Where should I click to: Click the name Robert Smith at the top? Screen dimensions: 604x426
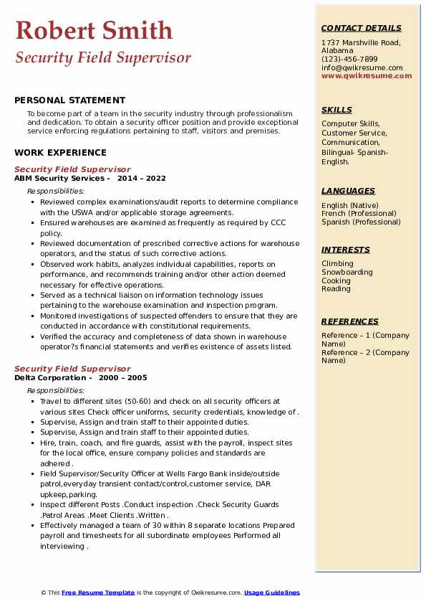(x=93, y=30)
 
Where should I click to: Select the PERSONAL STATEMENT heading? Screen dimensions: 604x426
(x=69, y=100)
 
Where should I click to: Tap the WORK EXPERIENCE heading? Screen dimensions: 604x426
(x=60, y=152)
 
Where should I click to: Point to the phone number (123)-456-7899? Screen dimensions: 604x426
(x=349, y=60)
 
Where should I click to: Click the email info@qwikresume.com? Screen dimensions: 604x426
(x=362, y=67)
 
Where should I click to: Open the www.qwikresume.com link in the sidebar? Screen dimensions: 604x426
(x=362, y=75)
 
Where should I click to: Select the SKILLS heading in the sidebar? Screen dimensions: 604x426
(x=337, y=110)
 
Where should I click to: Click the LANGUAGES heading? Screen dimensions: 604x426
(x=348, y=191)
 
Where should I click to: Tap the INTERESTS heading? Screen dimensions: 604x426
(x=346, y=250)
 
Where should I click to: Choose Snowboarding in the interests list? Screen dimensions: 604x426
(x=347, y=273)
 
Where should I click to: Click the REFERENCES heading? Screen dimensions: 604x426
(x=349, y=321)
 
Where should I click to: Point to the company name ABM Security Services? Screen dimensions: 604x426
(x=60, y=178)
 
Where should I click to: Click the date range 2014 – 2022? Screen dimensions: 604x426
(x=142, y=178)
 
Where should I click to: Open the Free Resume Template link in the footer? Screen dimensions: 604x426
(x=98, y=593)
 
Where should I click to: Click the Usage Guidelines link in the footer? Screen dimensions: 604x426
(x=272, y=593)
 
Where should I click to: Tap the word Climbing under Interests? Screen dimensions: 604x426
(x=337, y=264)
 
